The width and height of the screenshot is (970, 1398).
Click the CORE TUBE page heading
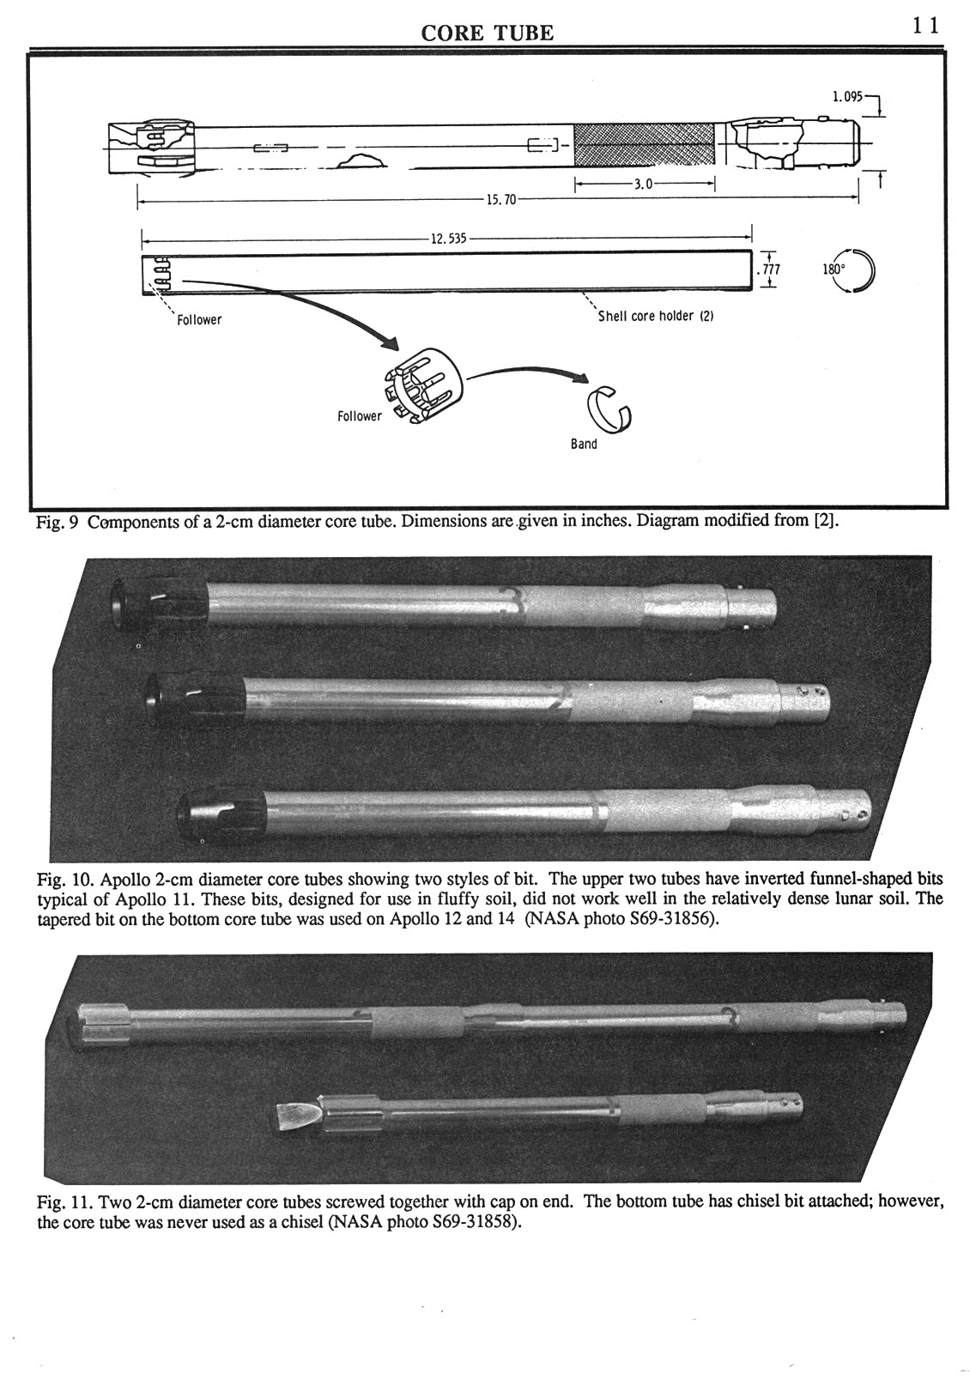[x=487, y=33]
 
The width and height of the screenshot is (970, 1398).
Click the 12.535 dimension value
[x=447, y=239]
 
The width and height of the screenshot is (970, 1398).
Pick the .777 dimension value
[x=767, y=269]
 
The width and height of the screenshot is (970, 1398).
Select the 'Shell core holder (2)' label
[x=656, y=316]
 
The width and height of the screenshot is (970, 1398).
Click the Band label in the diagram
[x=584, y=445]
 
